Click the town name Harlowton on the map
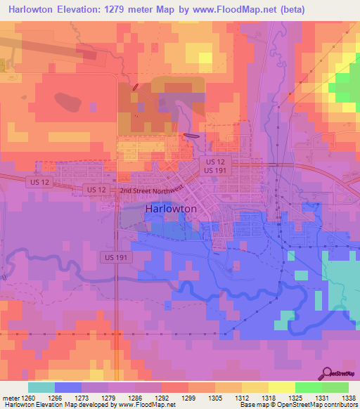tap(175, 209)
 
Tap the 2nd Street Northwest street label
tap(151, 190)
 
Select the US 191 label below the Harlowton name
tap(113, 257)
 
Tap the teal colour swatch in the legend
tap(41, 387)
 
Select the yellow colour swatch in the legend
tap(281, 387)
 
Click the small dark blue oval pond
tap(191, 136)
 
